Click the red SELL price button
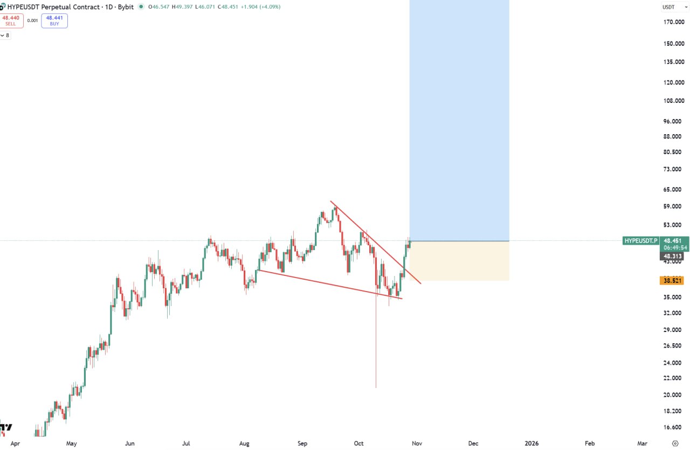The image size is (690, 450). pyautogui.click(x=11, y=20)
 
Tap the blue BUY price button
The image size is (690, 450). pyautogui.click(x=54, y=20)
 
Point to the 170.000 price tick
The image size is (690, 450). pyautogui.click(x=673, y=22)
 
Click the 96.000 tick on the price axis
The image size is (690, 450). pyautogui.click(x=673, y=121)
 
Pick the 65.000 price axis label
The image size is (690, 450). pyautogui.click(x=673, y=190)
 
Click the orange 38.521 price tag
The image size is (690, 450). pyautogui.click(x=673, y=281)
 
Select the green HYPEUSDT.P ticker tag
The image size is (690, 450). pyautogui.click(x=640, y=240)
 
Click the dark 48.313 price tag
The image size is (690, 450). pyautogui.click(x=673, y=257)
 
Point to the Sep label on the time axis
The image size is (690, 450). pyautogui.click(x=302, y=444)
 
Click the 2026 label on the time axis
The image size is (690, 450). pyautogui.click(x=532, y=444)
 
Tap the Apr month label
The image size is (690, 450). pyautogui.click(x=15, y=444)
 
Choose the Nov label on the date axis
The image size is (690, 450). pyautogui.click(x=416, y=444)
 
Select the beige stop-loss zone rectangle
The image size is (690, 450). pyautogui.click(x=459, y=261)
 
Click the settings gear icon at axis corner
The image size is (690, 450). pyautogui.click(x=675, y=443)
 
